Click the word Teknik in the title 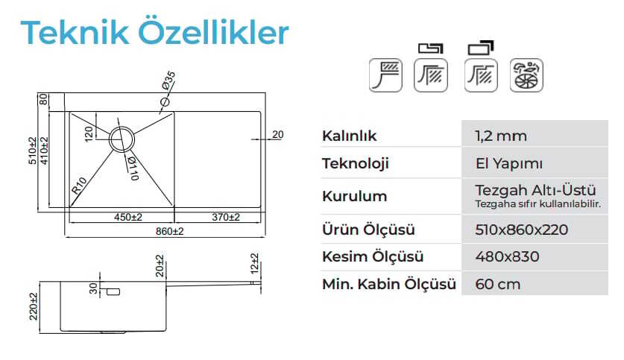point(75,32)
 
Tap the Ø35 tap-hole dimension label point(168,80)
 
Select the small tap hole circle point(165,102)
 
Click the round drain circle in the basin point(122,139)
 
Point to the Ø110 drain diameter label point(133,168)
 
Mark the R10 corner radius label point(79,186)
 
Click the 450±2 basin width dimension point(127,217)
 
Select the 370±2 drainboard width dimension point(226,217)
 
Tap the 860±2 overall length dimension point(169,232)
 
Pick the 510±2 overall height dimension point(33,151)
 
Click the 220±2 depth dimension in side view point(34,306)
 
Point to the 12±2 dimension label point(255,263)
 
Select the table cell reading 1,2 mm point(501,136)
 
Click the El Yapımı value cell point(509,163)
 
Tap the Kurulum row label point(355,196)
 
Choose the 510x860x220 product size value point(521,230)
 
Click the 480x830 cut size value point(508,256)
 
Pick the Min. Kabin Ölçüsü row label point(389,284)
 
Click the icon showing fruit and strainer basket point(526,75)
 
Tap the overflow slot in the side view point(113,292)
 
